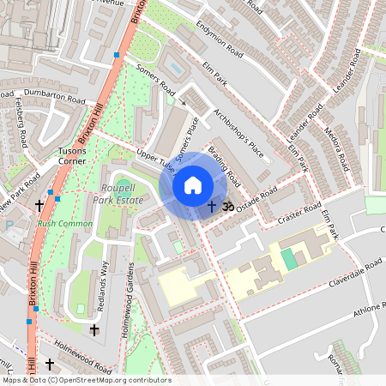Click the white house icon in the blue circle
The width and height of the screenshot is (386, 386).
point(193,185)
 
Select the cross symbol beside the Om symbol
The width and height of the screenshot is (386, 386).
point(212,207)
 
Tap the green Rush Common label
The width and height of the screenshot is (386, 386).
point(57,225)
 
